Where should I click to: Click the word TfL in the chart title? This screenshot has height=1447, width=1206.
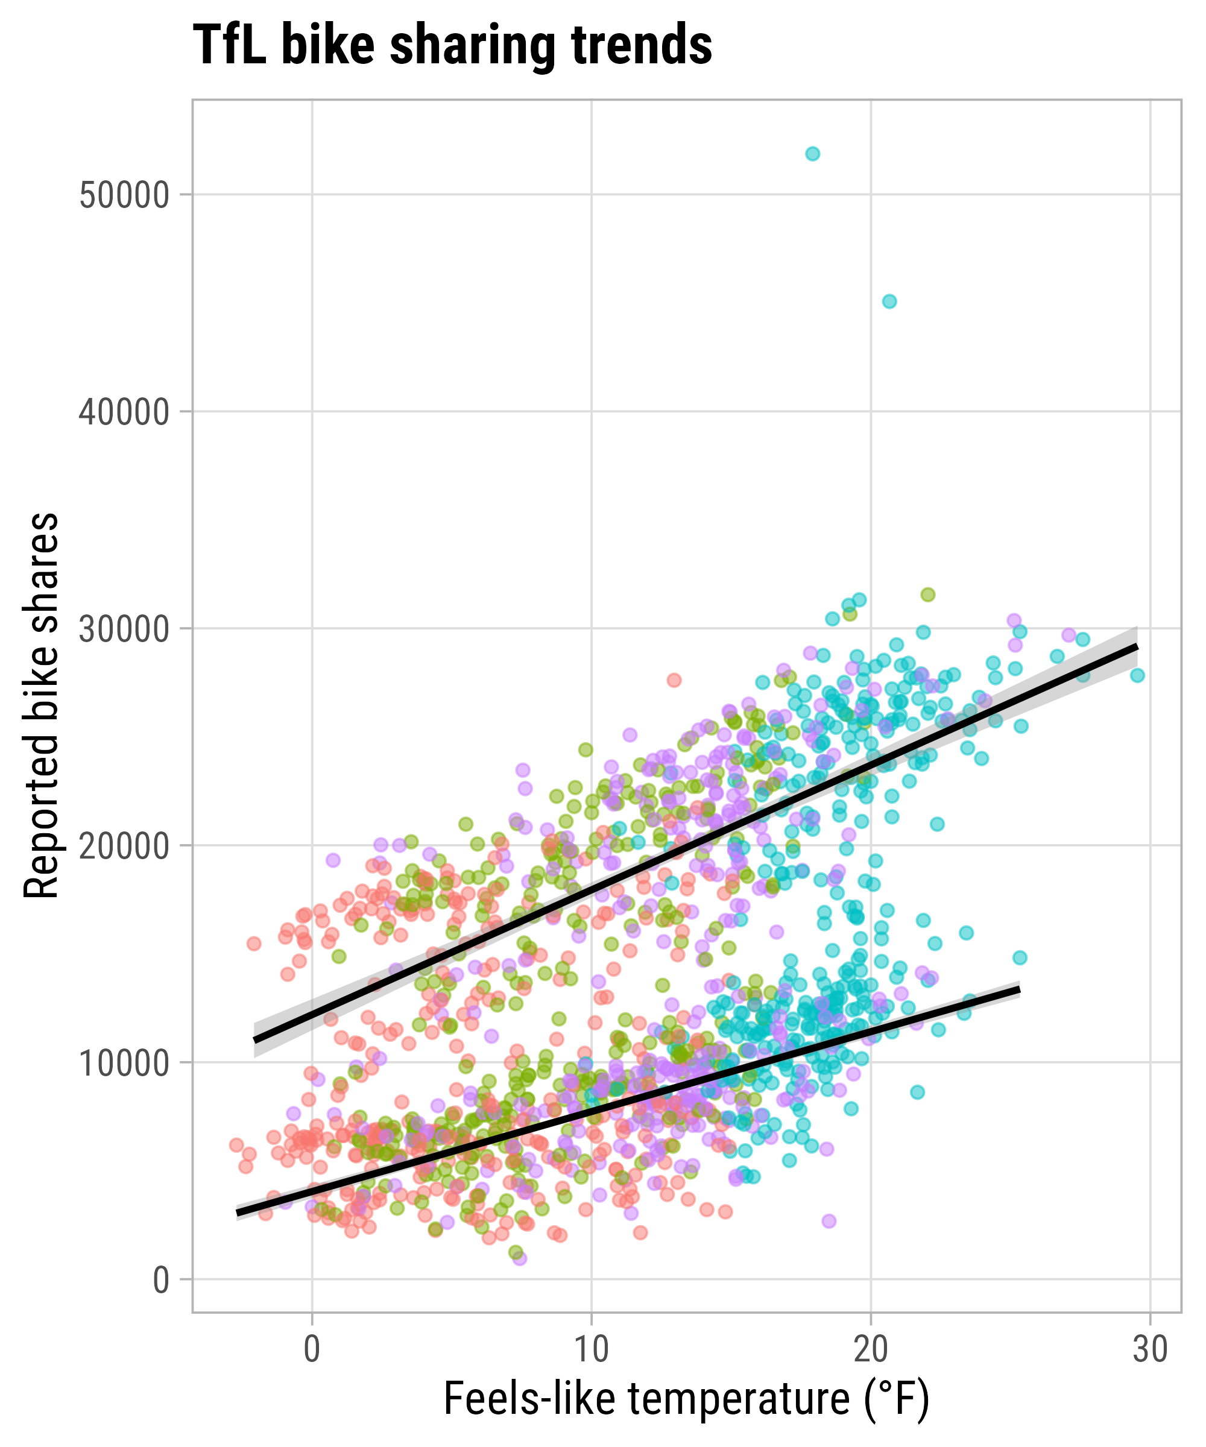point(229,45)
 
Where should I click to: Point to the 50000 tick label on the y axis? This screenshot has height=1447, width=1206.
point(124,196)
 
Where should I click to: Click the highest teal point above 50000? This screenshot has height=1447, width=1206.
point(812,154)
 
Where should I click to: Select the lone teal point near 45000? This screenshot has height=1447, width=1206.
point(889,301)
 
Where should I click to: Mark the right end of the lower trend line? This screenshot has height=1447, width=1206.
point(1018,989)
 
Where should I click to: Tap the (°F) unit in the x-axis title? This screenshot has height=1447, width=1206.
point(896,1400)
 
